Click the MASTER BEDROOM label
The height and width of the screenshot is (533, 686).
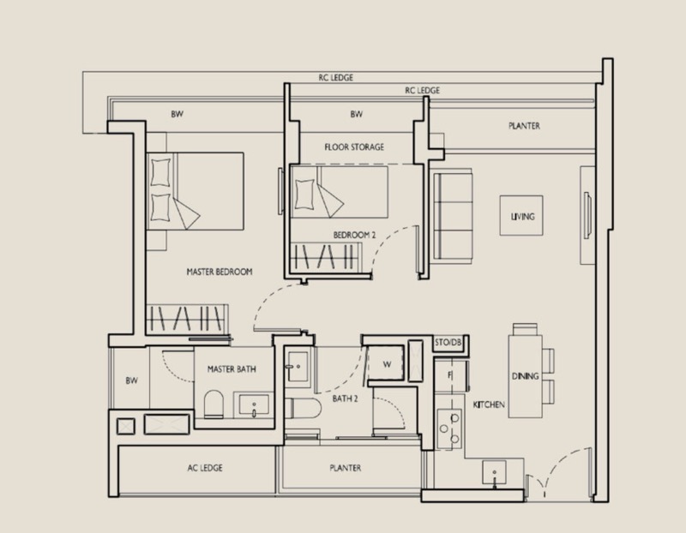[220, 272]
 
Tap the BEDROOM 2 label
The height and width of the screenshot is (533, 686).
[354, 235]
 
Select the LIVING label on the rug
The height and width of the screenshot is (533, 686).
[522, 217]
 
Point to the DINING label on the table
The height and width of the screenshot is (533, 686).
[525, 376]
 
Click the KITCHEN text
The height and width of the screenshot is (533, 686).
[489, 404]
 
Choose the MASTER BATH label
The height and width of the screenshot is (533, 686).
[232, 369]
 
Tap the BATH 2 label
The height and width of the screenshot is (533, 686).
[346, 398]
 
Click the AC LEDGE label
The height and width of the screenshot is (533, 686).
[205, 468]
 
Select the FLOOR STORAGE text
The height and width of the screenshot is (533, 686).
[354, 147]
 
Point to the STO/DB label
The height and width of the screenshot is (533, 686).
[448, 343]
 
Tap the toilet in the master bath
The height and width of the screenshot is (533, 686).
[214, 404]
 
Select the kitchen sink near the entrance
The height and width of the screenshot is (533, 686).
[495, 472]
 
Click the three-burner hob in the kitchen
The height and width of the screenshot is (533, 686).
[449, 428]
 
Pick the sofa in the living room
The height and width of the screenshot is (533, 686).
[453, 217]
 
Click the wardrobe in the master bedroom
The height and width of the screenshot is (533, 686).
[187, 319]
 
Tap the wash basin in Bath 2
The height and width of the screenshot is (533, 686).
[298, 367]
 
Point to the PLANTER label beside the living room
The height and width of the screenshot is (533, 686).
[524, 126]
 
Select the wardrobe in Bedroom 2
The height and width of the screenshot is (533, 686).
[326, 257]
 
